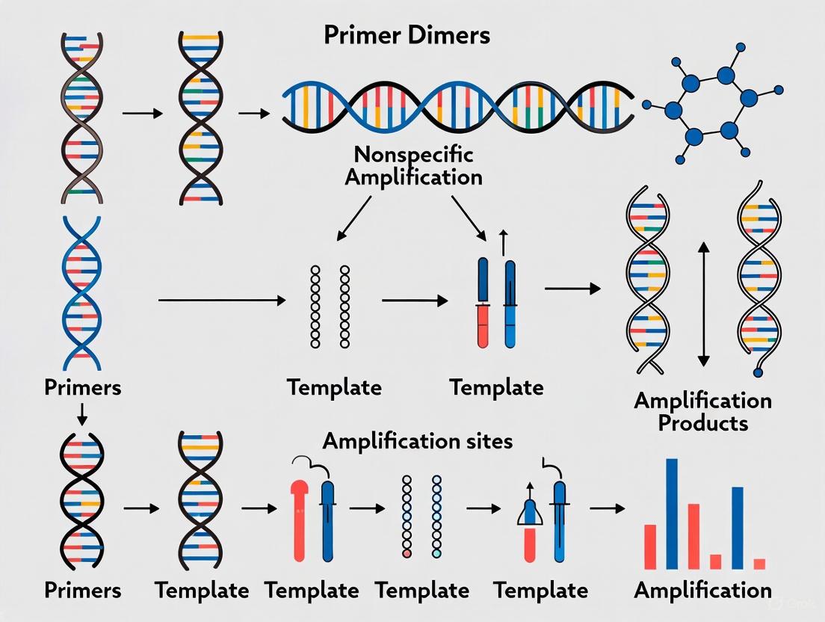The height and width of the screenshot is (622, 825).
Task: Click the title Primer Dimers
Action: [407, 35]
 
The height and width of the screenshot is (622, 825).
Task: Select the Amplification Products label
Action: [702, 411]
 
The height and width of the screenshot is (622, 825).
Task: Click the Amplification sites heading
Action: [418, 441]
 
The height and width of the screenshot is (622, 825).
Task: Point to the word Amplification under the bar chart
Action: [702, 590]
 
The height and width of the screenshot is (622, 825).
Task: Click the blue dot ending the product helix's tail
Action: [758, 372]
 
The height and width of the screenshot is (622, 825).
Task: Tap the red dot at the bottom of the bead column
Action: [407, 554]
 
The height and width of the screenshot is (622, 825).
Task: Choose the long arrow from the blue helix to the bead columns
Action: [222, 301]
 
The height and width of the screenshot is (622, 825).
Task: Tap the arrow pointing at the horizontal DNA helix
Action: [254, 113]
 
